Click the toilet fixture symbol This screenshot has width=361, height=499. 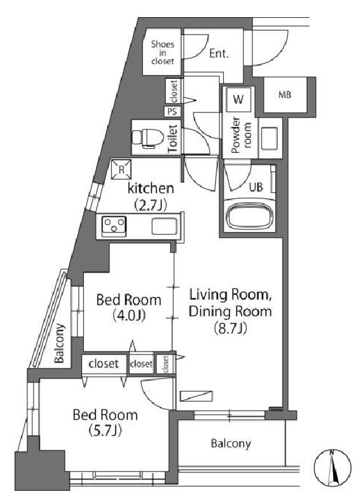[x=147, y=136]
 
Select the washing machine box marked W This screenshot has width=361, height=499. [x=238, y=99]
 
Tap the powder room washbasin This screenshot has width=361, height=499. [x=269, y=137]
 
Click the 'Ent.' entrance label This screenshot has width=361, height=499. [x=219, y=55]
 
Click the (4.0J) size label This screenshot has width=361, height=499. [x=128, y=315]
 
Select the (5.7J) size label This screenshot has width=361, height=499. [x=106, y=431]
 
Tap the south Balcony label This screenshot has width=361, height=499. [x=231, y=443]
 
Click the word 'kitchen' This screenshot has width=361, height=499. [x=151, y=188]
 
